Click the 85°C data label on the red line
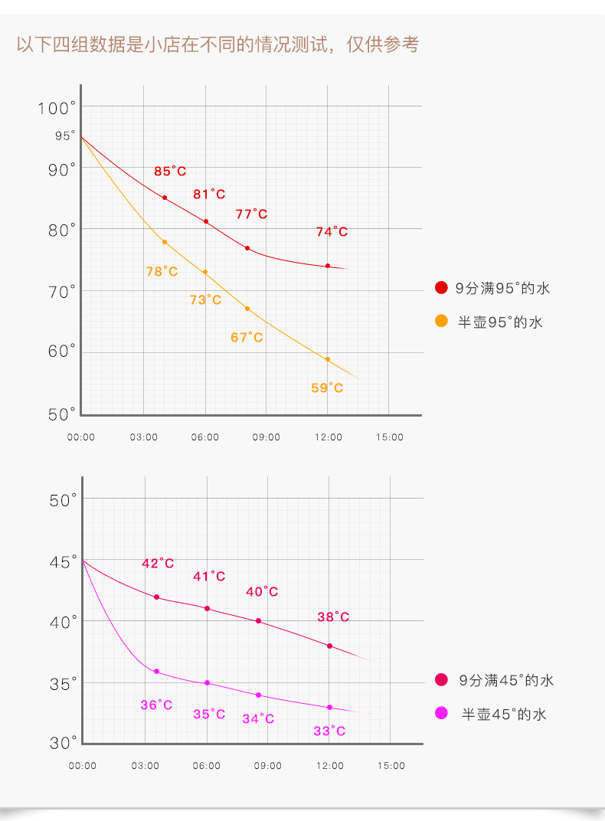click(170, 172)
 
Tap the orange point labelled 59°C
click(328, 359)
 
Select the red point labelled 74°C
click(328, 266)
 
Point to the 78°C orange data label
click(162, 271)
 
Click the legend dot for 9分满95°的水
click(441, 288)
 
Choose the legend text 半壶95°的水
click(500, 322)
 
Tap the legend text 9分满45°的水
click(506, 680)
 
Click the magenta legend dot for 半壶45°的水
click(441, 713)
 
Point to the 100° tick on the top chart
click(57, 108)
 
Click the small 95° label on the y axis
click(65, 136)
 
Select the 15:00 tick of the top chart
click(389, 437)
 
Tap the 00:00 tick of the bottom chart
click(82, 766)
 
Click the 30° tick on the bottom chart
click(64, 743)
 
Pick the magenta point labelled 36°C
click(156, 672)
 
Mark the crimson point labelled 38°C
click(330, 646)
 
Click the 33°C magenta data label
click(329, 731)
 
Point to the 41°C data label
click(209, 576)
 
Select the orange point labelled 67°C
click(247, 309)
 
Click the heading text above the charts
click(217, 44)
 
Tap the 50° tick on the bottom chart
click(64, 500)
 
